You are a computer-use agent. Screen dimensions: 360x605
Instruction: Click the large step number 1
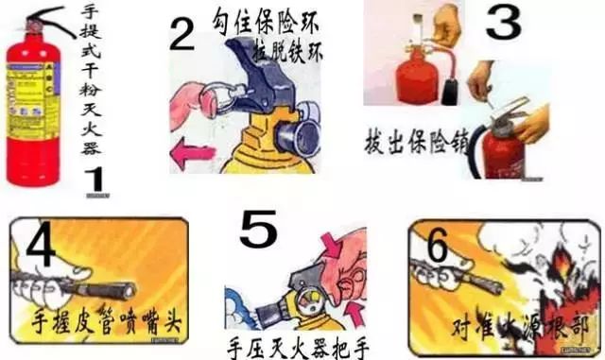[94, 179]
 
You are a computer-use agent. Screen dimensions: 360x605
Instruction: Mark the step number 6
[438, 248]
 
